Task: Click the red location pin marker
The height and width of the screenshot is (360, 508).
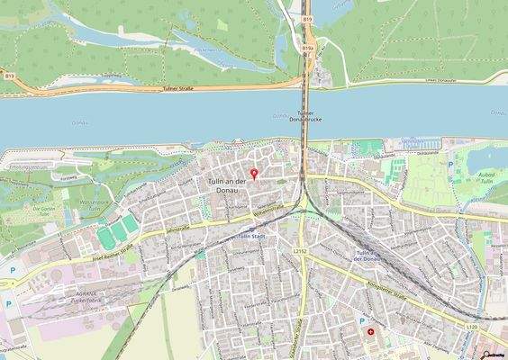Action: pyautogui.click(x=253, y=173)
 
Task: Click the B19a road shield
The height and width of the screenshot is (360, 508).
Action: pyautogui.click(x=308, y=47)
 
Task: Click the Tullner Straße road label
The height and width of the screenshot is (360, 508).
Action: pyautogui.click(x=180, y=89)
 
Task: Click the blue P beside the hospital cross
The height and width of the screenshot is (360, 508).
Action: pyautogui.click(x=363, y=320)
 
